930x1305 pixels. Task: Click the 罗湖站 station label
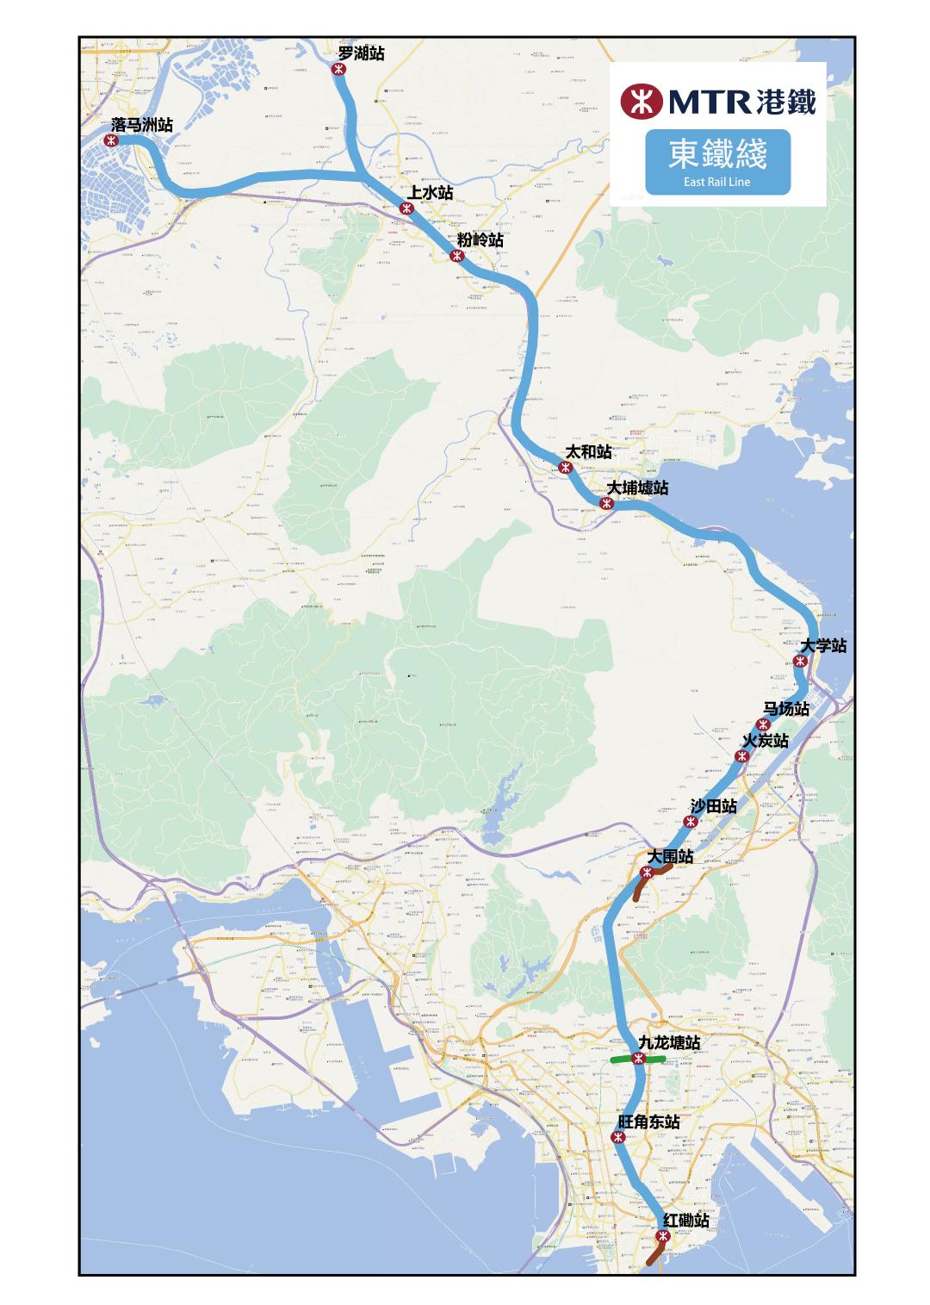pyautogui.click(x=361, y=53)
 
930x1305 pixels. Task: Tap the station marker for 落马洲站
pyautogui.click(x=110, y=140)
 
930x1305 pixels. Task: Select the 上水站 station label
pyautogui.click(x=431, y=192)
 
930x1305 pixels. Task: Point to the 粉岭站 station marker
pyautogui.click(x=456, y=256)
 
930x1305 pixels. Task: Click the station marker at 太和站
pyautogui.click(x=565, y=468)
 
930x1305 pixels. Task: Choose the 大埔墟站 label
pyautogui.click(x=637, y=488)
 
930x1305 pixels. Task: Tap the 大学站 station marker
pyautogui.click(x=799, y=661)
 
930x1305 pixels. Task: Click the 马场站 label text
pyautogui.click(x=787, y=709)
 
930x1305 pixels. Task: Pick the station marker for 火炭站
pyautogui.click(x=741, y=756)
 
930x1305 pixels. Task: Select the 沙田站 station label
pyautogui.click(x=714, y=806)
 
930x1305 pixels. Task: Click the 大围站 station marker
pyautogui.click(x=647, y=873)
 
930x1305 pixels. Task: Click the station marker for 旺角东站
pyautogui.click(x=617, y=1138)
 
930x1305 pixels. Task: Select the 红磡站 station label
pyautogui.click(x=687, y=1221)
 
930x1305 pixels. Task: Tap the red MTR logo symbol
pyautogui.click(x=640, y=101)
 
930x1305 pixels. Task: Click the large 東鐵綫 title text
pyautogui.click(x=717, y=154)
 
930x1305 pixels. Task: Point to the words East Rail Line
pyautogui.click(x=717, y=182)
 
